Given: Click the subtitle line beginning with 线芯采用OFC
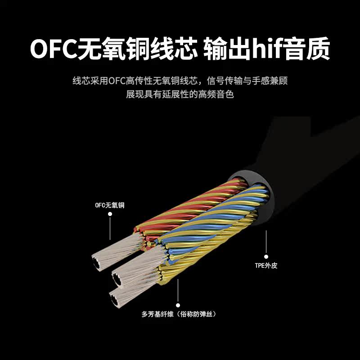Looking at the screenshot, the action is [x=180, y=81].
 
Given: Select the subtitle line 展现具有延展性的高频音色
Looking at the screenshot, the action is [x=180, y=95].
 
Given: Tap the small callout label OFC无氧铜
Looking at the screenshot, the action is [x=109, y=205].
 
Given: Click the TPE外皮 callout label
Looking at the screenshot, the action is [x=266, y=265].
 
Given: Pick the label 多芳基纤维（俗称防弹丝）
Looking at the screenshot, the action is [x=179, y=314].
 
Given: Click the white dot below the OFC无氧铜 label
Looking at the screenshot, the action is [x=110, y=215].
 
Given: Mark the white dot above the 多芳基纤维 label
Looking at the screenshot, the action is [x=179, y=304].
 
